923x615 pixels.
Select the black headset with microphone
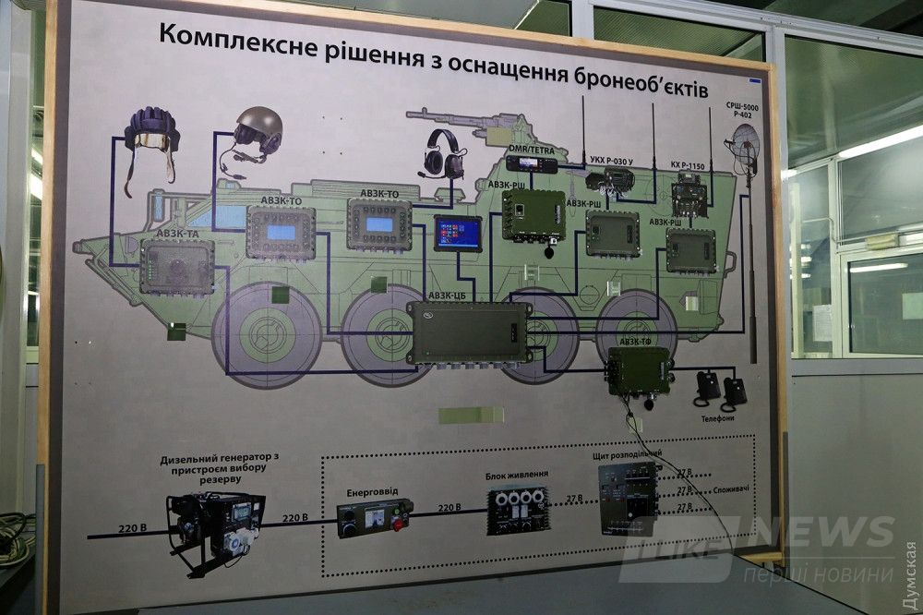pyautogui.click(x=443, y=154)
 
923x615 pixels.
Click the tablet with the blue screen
pyautogui.click(x=458, y=234)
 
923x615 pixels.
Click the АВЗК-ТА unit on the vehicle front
pyautogui.click(x=176, y=266)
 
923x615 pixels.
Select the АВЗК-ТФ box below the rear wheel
pyautogui.click(x=639, y=371)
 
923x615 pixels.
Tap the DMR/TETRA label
pyautogui.click(x=533, y=149)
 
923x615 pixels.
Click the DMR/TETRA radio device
pyautogui.click(x=533, y=165)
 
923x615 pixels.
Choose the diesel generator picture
pyautogui.click(x=215, y=527)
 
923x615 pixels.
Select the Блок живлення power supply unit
pyautogui.click(x=518, y=509)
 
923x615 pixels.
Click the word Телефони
pyautogui.click(x=716, y=418)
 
